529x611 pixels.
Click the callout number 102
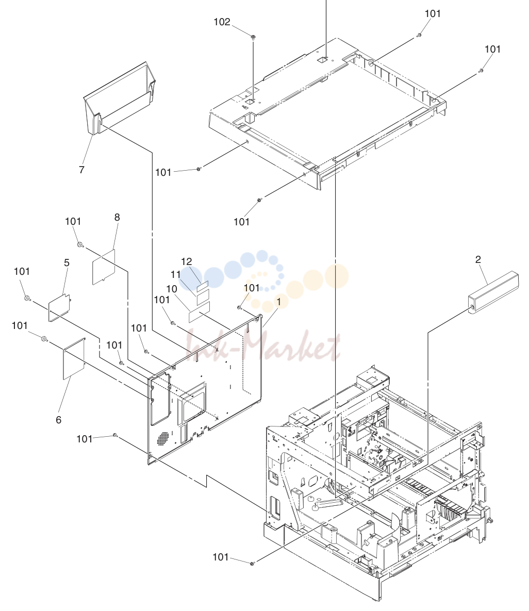coord(222,22)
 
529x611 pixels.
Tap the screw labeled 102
coord(253,37)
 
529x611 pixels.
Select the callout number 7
coord(81,170)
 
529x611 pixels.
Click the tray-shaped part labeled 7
coord(120,98)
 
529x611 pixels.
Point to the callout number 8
coord(117,218)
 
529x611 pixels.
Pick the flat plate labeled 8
coord(104,267)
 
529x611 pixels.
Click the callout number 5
coord(67,263)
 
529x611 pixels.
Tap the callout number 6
coord(58,420)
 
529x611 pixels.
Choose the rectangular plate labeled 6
coord(74,358)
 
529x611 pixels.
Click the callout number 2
coord(478,259)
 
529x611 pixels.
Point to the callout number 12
coord(187,261)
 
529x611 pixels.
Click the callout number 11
coord(176,275)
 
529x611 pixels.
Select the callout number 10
coord(171,289)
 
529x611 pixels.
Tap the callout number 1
coord(278,302)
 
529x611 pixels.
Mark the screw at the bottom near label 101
coord(252,563)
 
